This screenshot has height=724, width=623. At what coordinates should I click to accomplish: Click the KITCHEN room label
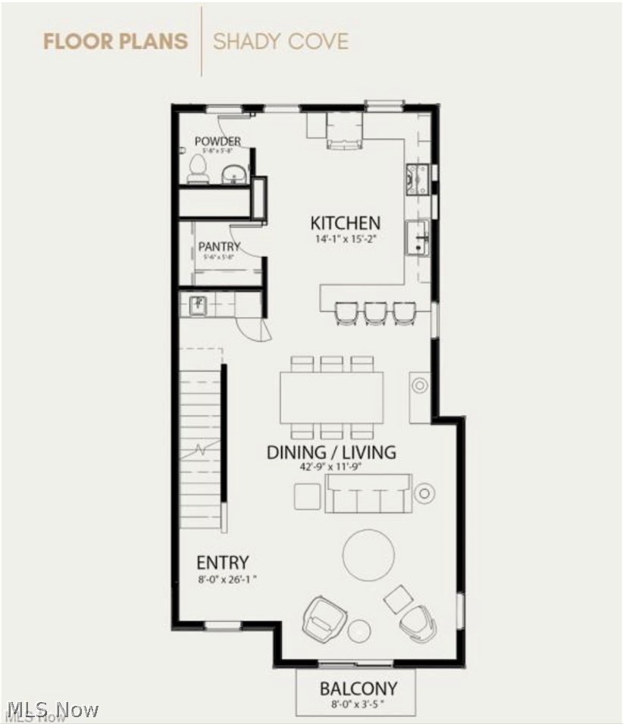[345, 223]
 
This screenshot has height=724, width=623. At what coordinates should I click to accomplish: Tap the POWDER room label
[218, 141]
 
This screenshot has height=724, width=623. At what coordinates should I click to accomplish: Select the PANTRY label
[219, 246]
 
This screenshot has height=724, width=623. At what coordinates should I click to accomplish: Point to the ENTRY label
[222, 563]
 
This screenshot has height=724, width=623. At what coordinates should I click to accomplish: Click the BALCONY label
[358, 689]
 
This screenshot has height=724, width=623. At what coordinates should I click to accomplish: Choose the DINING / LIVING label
[330, 453]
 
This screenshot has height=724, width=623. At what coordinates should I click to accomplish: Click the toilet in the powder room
[199, 169]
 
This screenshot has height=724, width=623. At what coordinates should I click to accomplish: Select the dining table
[331, 398]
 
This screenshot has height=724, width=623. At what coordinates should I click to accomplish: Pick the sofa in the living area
[368, 494]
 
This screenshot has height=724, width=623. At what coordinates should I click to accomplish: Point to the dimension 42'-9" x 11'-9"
[331, 467]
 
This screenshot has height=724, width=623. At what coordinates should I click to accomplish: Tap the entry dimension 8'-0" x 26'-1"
[222, 581]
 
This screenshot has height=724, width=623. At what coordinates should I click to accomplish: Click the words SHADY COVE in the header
[280, 41]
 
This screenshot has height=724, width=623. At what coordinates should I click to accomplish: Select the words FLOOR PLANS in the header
[115, 41]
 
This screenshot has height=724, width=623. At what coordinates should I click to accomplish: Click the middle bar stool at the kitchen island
[374, 312]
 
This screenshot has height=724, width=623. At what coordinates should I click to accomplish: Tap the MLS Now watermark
[53, 710]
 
